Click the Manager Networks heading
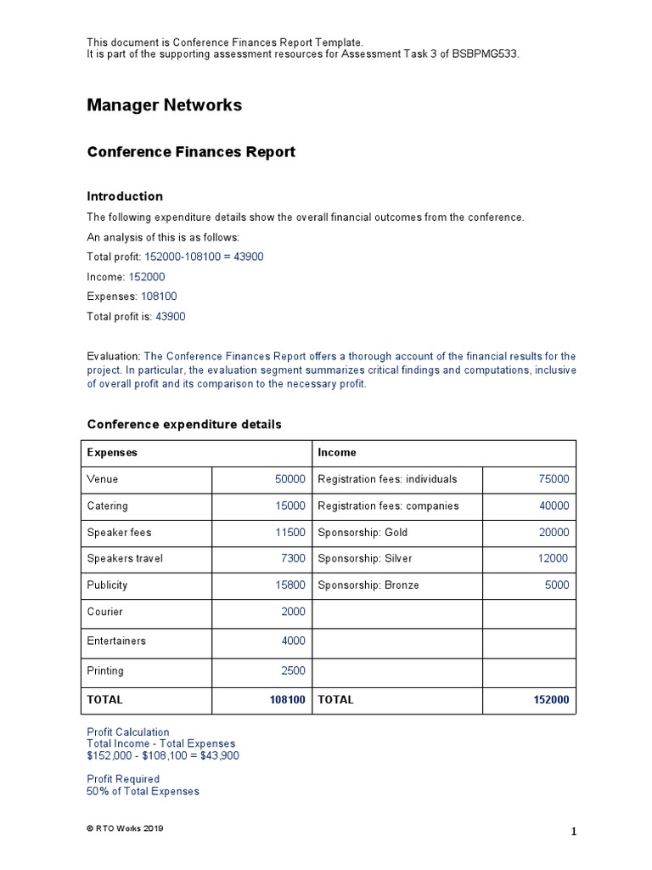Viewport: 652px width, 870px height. pos(164,105)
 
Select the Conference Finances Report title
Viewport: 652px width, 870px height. pos(191,152)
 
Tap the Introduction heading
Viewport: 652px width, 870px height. pos(125,196)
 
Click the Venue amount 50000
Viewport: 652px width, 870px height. pos(289,479)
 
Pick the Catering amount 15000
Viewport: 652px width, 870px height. pos(289,506)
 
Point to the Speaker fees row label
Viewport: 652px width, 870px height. pos(119,533)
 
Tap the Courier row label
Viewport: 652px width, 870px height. pos(104,612)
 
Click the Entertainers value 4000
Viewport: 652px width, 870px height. pos(293,641)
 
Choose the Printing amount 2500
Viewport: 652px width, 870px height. pos(293,670)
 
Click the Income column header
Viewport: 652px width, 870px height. pos(337,453)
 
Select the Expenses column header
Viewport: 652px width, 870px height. pos(112,453)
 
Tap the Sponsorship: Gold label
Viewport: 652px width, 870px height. pos(363,533)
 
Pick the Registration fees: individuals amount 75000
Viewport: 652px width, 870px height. pos(554,479)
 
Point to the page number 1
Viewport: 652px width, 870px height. pos(573,833)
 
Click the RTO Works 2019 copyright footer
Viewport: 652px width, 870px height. pos(125,828)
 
